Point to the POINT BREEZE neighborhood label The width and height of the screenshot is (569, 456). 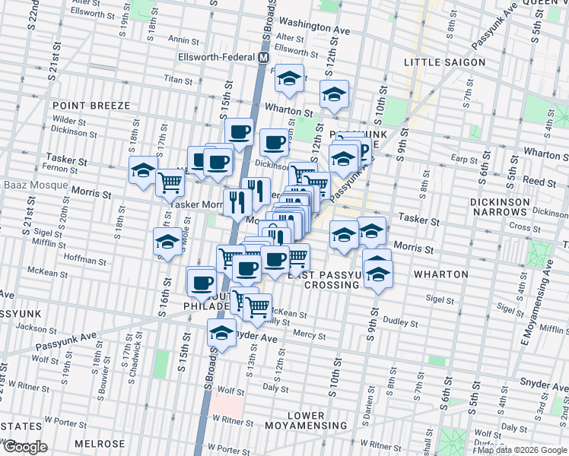coord(91,106)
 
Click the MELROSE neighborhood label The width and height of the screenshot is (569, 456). coord(99,443)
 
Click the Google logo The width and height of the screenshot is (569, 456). coord(24,447)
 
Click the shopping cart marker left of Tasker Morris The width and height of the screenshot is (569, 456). coord(170,182)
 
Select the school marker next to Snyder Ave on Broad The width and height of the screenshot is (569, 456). coord(221,332)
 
